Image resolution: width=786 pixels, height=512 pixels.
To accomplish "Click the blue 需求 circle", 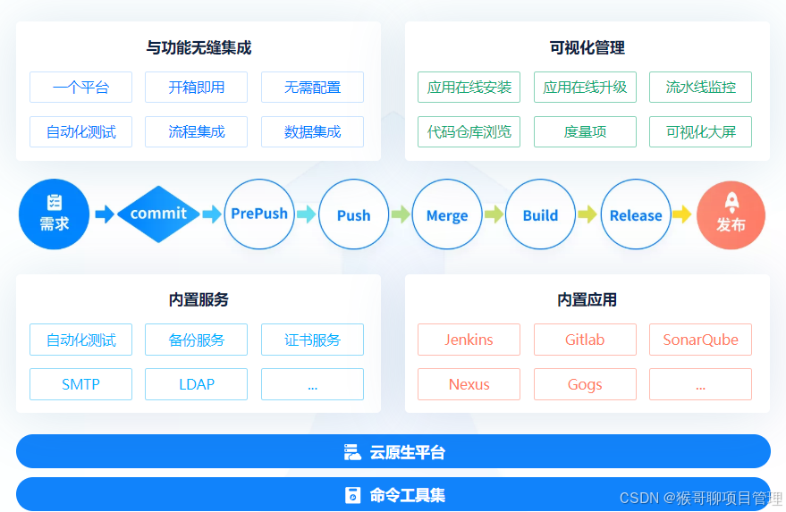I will [55, 214].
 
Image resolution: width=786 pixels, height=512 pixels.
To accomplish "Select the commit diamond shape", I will [158, 214].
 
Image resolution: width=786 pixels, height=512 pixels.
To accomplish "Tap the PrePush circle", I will [259, 214].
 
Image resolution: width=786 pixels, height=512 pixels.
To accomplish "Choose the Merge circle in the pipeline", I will [447, 215].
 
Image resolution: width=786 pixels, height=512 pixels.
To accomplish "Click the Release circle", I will [636, 215].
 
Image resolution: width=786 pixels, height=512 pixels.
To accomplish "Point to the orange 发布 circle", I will [731, 215].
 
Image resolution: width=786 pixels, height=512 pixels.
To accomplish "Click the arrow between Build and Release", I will [587, 214].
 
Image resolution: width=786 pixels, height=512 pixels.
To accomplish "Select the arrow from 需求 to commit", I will [105, 214].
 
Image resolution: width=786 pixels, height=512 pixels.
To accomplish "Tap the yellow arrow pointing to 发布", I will [681, 214].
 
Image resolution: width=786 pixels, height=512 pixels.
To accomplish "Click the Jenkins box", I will [469, 340].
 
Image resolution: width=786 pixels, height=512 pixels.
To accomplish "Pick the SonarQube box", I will [700, 340].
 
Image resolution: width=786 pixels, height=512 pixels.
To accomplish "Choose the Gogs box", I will [585, 384].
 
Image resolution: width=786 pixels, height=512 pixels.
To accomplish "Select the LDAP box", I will [196, 384].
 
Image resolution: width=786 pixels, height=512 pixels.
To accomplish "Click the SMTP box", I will [80, 384].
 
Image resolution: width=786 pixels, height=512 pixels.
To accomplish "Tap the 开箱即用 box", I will [196, 88].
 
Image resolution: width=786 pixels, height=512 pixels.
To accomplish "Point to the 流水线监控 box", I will [700, 88].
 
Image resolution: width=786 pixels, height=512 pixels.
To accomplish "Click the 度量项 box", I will [585, 132].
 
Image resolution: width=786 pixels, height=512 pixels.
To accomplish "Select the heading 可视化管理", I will [587, 47].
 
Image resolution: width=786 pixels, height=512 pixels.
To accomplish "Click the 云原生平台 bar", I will [393, 451].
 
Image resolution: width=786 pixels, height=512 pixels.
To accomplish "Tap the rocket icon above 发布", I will [731, 202].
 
